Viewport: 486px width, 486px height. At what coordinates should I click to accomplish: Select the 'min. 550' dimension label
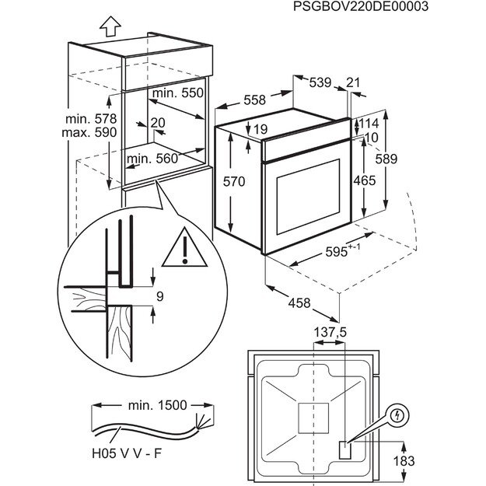[x=177, y=93]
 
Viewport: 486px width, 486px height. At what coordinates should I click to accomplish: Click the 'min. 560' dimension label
[x=153, y=159]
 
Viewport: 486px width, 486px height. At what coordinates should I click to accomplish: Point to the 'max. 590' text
[x=91, y=133]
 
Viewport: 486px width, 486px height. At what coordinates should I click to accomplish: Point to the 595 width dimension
[x=340, y=252]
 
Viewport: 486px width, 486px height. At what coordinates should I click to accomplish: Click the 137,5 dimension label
[x=330, y=332]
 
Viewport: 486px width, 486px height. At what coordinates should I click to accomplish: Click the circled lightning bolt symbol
[x=397, y=415]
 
